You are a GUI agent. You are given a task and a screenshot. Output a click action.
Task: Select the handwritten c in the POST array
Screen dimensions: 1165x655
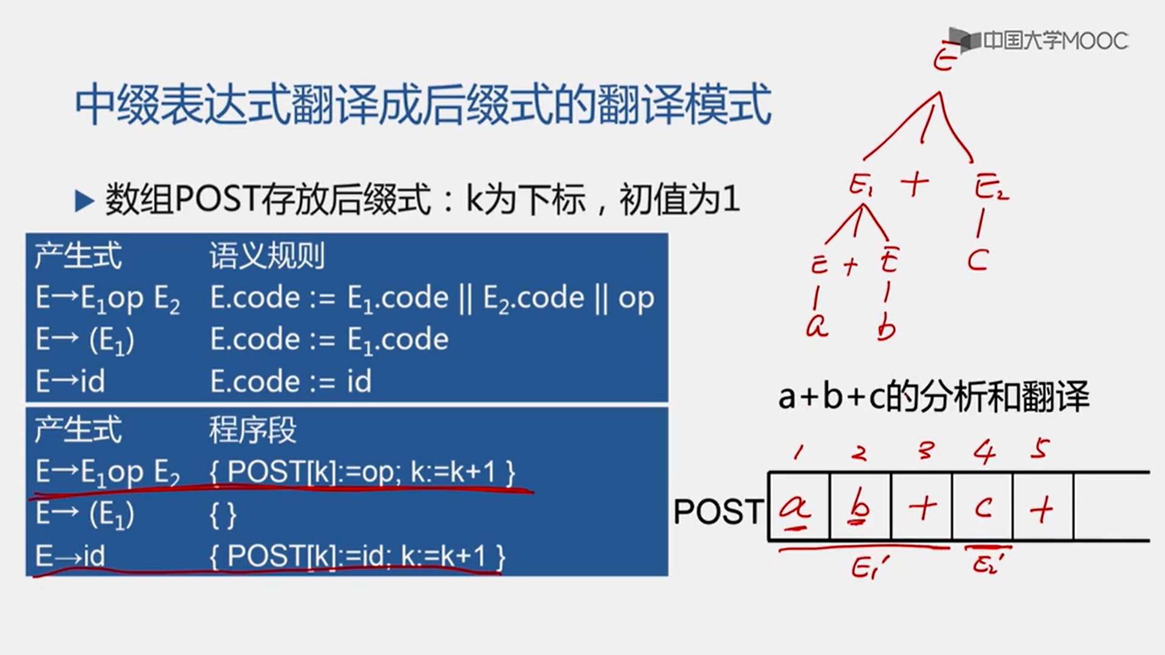coord(983,507)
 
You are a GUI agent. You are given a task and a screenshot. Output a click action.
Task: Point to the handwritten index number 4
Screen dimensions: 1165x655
coord(984,452)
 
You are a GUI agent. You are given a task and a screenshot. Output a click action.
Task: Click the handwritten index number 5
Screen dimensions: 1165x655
coord(1039,449)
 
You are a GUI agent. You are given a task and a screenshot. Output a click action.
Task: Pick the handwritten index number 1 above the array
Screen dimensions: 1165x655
coord(799,452)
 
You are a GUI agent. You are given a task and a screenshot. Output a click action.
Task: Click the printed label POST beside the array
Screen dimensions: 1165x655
coord(718,511)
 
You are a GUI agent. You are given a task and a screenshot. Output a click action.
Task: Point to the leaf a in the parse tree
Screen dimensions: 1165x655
coord(817,326)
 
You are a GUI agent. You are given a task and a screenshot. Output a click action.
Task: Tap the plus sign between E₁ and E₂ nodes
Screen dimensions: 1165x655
coord(914,184)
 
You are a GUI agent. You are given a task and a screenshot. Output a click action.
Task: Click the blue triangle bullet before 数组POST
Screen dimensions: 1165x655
coord(84,201)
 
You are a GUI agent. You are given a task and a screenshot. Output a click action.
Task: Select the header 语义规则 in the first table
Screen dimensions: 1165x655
coord(267,256)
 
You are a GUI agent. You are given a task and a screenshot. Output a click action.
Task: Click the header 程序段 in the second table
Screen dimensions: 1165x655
coord(252,430)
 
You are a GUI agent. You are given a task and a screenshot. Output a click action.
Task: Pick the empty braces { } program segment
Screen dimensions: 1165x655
coord(223,514)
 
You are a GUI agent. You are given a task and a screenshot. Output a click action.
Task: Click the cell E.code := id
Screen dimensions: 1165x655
coord(291,381)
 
